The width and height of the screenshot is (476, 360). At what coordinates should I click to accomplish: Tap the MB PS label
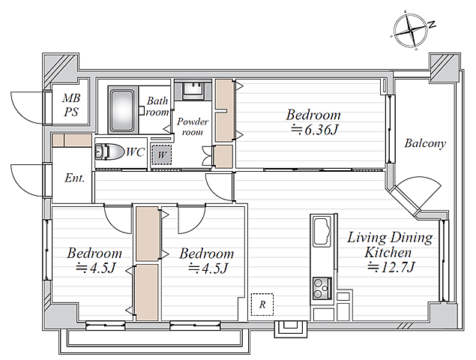pos(71,105)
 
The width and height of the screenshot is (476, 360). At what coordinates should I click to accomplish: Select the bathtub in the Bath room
pos(121,110)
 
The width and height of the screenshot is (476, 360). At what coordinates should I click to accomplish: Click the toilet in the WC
pos(109,151)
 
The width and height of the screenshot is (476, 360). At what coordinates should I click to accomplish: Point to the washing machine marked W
pos(161,155)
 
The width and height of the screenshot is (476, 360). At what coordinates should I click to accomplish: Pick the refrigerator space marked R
pos(262,304)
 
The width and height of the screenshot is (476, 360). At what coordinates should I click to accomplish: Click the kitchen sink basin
pos(322,232)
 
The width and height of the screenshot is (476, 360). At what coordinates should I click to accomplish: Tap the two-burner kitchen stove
pos(322,288)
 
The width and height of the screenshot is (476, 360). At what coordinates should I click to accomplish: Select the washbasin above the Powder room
pos(193,90)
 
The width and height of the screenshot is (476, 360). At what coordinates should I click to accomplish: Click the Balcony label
pos(425,143)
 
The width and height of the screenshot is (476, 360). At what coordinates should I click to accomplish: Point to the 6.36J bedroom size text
pos(315,130)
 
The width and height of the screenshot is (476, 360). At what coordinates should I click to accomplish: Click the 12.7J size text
pos(391,267)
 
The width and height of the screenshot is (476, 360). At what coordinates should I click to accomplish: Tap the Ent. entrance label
pos(74,178)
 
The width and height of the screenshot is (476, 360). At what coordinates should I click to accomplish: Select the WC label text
pos(135,152)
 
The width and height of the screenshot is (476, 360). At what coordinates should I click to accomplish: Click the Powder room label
pos(193,127)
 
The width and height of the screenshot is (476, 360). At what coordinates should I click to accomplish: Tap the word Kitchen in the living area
pos(388,253)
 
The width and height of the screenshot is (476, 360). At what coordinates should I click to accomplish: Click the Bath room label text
pos(157,106)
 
